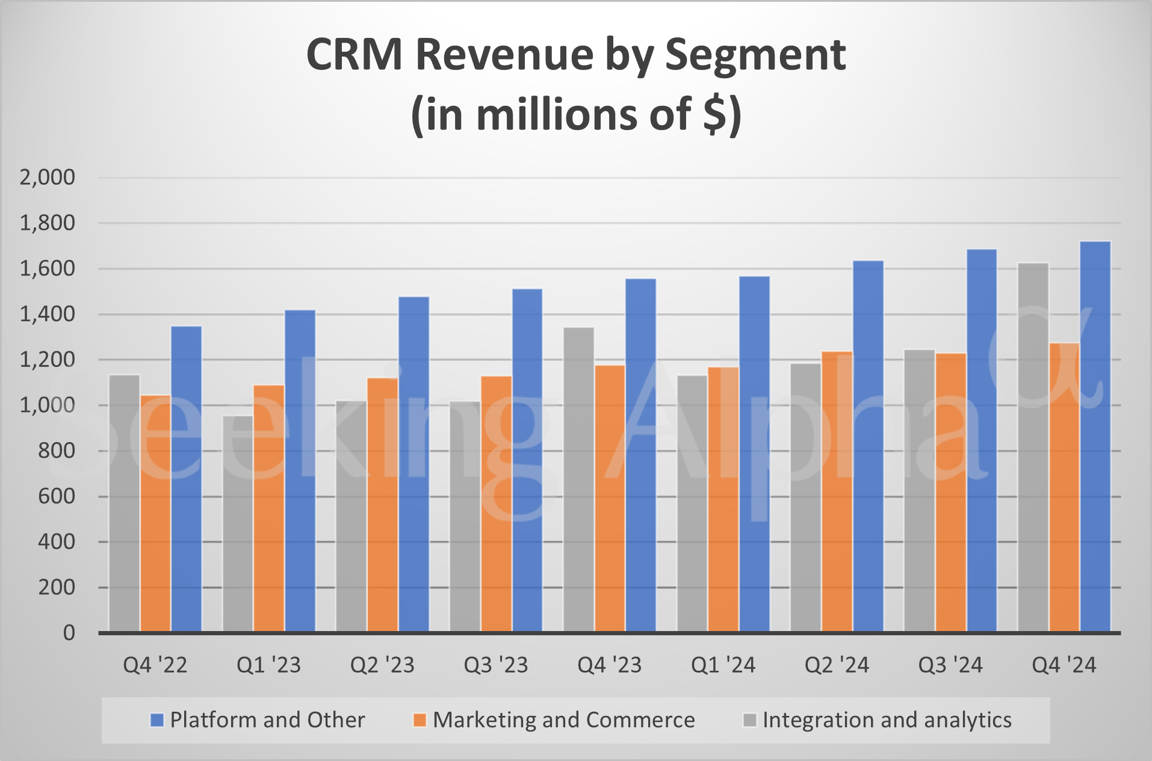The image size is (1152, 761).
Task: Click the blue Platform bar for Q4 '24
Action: [1095, 436]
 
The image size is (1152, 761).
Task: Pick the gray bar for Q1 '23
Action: [238, 523]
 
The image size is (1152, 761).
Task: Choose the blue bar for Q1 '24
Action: [754, 454]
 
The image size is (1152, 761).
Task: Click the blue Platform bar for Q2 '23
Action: [413, 464]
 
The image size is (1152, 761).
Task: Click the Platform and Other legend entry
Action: [258, 720]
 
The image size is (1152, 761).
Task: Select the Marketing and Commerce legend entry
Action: [554, 720]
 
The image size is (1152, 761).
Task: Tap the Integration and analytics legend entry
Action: [878, 720]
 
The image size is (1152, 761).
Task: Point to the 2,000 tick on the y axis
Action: [48, 177]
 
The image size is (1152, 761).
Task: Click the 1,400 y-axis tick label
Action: [48, 314]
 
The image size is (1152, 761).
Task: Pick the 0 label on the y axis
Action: [69, 633]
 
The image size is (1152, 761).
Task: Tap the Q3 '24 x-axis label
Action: [950, 665]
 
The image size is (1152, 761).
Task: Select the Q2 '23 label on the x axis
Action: [382, 665]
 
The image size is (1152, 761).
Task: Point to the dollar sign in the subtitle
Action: [715, 114]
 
